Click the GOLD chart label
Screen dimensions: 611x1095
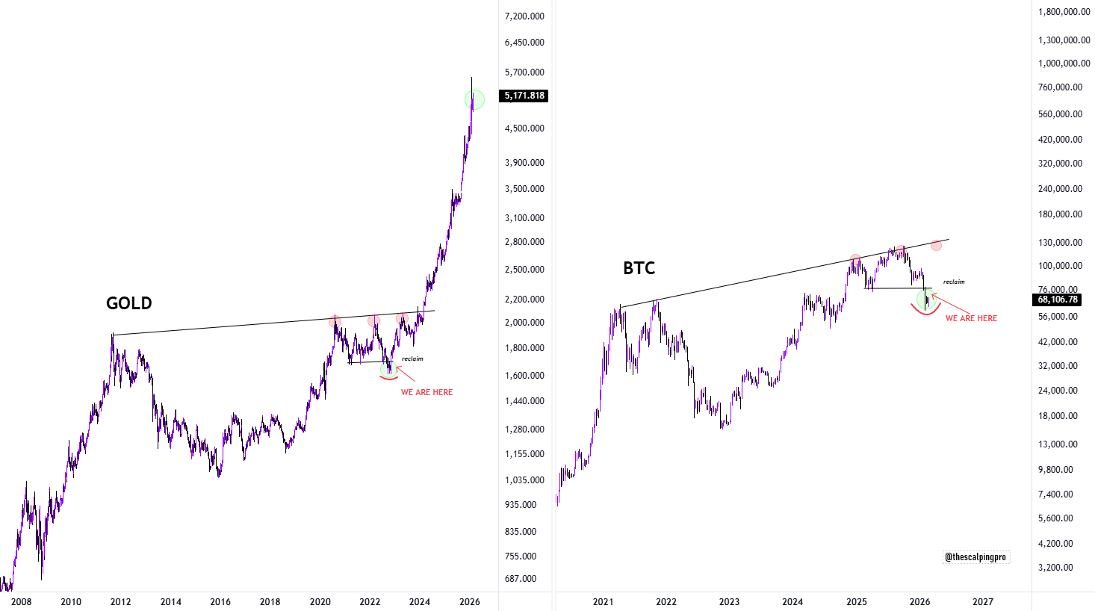click(x=128, y=303)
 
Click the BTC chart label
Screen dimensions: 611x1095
click(x=639, y=268)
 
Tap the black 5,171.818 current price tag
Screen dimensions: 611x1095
click(x=525, y=96)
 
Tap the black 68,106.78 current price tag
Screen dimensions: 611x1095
click(x=1058, y=300)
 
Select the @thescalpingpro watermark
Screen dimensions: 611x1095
click(x=975, y=557)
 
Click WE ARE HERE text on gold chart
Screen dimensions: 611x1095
click(x=426, y=392)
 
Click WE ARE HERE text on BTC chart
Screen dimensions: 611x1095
click(x=971, y=318)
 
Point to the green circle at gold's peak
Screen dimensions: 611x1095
click(x=474, y=99)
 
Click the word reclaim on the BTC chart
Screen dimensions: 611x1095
click(x=954, y=282)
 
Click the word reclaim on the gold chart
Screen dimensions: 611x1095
click(x=412, y=359)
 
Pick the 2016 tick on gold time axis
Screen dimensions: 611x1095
click(x=220, y=602)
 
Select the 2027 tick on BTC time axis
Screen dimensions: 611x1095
click(x=983, y=602)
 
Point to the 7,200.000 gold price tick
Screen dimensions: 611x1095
click(x=524, y=16)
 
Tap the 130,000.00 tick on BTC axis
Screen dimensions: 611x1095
click(x=1060, y=243)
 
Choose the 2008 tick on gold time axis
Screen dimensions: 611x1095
click(x=21, y=602)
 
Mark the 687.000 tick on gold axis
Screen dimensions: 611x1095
click(x=521, y=579)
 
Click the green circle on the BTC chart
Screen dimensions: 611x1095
click(x=925, y=299)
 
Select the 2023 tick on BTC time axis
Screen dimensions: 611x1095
click(x=729, y=602)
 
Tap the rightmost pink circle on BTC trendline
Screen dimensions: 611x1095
click(x=936, y=245)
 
